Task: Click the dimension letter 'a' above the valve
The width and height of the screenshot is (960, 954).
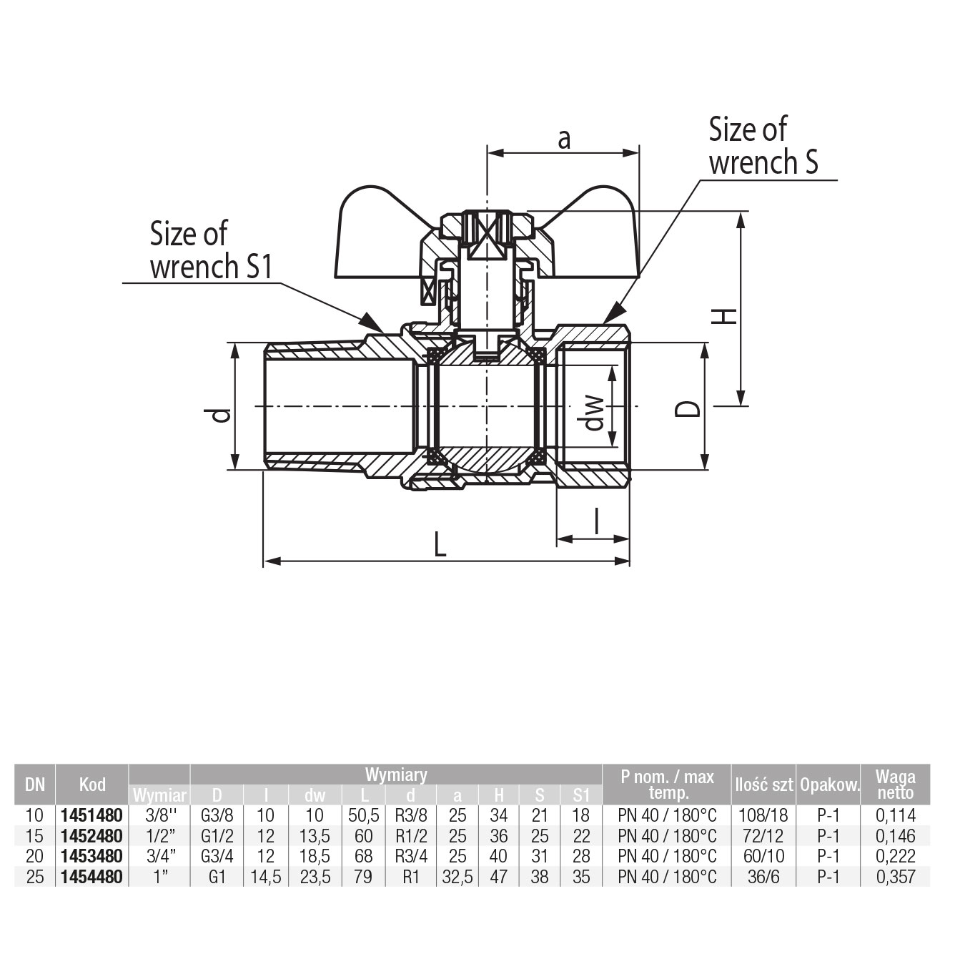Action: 564,139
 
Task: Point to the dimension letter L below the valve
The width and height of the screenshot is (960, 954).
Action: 440,546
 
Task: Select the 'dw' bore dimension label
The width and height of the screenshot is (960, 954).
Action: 595,414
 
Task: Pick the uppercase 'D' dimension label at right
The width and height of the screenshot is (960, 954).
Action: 688,408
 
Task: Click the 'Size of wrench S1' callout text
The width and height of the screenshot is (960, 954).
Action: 211,250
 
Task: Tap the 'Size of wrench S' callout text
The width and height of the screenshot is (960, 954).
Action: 763,147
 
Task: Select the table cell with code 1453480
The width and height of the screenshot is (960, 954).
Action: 92,856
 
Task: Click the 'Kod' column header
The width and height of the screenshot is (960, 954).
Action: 92,785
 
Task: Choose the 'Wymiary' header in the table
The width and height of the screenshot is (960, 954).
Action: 396,774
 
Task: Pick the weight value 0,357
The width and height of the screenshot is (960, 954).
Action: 896,877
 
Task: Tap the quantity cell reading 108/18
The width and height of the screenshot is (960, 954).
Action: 763,815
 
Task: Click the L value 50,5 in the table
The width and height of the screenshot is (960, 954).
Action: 363,815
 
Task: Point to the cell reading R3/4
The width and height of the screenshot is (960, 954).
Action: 410,856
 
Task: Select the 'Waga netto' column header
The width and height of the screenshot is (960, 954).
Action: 896,785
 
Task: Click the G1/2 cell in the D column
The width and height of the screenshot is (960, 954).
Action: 217,836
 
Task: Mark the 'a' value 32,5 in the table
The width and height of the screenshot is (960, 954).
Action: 457,877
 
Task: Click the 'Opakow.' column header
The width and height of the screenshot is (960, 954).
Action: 829,785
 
